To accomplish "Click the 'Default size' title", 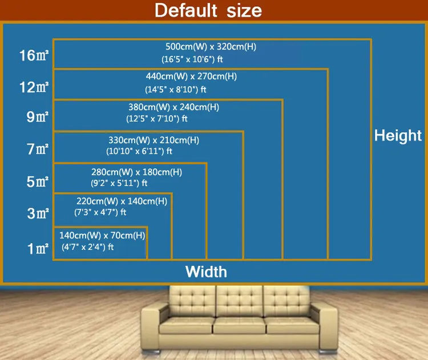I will pos(208,10).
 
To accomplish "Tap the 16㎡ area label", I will pos(34,56).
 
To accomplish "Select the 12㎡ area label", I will pos(34,87).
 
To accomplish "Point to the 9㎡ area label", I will pos(37,118).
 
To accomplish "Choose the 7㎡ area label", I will pos(37,150).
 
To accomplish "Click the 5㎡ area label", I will pos(37,183).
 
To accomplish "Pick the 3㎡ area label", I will pos(37,215).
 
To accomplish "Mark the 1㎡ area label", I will pos(37,249).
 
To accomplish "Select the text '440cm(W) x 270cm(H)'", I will pos(191,76).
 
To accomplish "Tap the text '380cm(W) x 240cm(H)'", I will pos(173,107).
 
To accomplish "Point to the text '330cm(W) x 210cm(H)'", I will pos(154,140).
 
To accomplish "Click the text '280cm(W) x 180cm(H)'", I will pos(136,172).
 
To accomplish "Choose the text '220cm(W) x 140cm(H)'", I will pos(122,201).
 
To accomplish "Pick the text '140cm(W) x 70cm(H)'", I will pos(102,235).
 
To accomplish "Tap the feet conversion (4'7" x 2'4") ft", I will pos(87,247).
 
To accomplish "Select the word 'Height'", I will pos(398,135).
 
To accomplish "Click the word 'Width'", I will pos(206,272).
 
